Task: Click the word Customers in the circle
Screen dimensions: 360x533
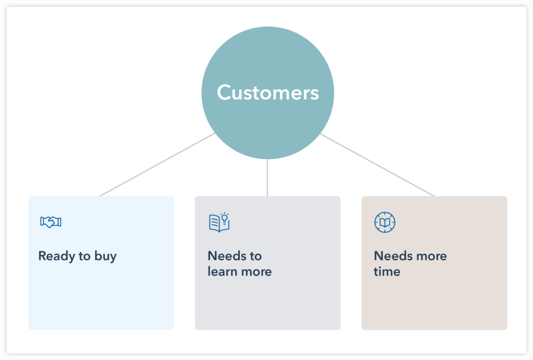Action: [268, 93]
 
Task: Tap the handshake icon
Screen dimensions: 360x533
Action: [50, 222]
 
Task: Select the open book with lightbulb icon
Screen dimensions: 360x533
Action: [219, 222]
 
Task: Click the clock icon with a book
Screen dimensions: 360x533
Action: [385, 222]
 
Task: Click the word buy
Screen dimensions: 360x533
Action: [105, 257]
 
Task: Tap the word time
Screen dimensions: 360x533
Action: [387, 271]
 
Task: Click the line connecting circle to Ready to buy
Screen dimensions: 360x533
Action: [156, 165]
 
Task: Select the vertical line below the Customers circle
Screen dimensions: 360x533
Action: [267, 177]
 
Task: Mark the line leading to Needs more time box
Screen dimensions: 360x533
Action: [377, 165]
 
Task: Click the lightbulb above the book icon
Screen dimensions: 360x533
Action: [224, 217]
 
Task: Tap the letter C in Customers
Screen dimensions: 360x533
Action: [224, 93]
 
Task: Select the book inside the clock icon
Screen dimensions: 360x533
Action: [385, 223]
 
